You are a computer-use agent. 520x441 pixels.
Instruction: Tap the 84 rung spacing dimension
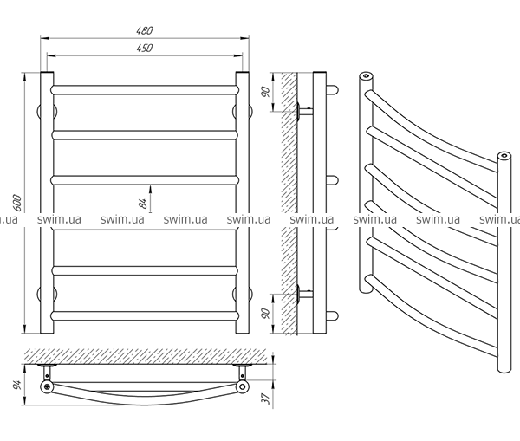click(x=144, y=203)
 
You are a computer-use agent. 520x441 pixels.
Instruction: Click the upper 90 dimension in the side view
click(x=268, y=88)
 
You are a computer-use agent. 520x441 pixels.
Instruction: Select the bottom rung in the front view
click(x=144, y=315)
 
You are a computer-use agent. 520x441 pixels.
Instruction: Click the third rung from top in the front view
click(x=144, y=179)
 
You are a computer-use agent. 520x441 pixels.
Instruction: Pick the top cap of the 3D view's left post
click(x=365, y=77)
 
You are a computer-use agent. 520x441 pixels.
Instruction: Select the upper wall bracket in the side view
click(x=302, y=110)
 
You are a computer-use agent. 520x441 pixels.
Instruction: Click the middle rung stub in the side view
click(x=330, y=179)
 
